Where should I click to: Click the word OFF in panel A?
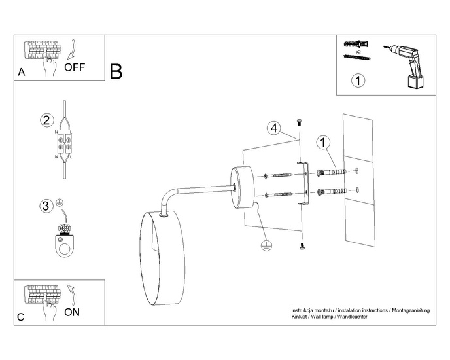[74, 67]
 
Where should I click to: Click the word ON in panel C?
[72, 312]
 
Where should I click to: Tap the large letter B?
[116, 71]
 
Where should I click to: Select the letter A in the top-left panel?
[22, 73]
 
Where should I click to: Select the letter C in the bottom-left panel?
[21, 317]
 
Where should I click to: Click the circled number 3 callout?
[45, 206]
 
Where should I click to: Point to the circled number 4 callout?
[274, 128]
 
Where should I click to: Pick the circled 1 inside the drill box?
[357, 81]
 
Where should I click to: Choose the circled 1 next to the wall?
[322, 143]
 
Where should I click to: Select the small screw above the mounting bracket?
[300, 121]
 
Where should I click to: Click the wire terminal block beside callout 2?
[63, 145]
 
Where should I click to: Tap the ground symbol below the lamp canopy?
[266, 245]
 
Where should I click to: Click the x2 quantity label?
[358, 50]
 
